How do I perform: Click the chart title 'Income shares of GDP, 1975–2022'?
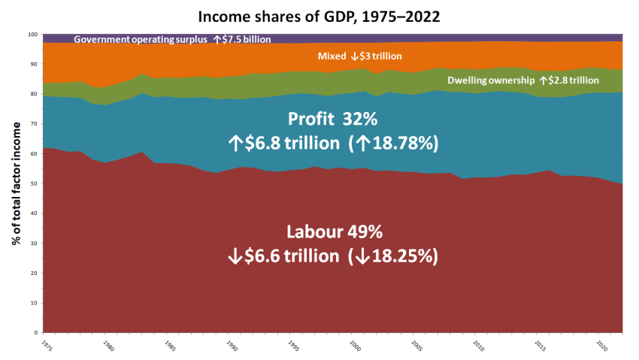click(320, 14)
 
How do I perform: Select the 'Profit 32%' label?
click(333, 119)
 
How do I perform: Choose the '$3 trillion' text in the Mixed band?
click(382, 56)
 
